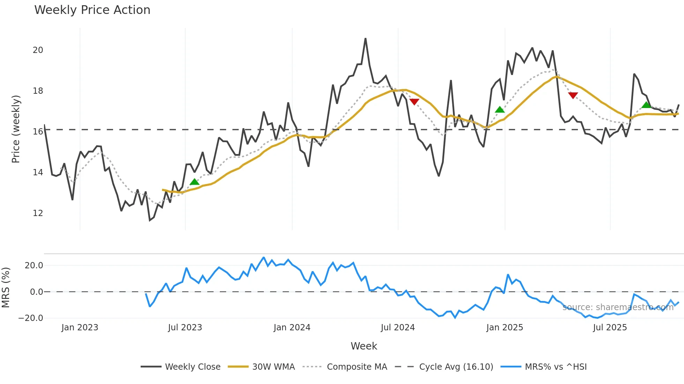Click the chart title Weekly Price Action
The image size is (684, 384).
tap(92, 10)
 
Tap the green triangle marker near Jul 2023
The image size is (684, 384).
tap(194, 182)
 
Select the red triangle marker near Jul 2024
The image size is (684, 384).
tap(414, 101)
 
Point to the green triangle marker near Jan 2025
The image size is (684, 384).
tap(500, 110)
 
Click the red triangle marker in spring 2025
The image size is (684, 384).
tap(573, 95)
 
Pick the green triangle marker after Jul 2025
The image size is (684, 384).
tap(646, 105)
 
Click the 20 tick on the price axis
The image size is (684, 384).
tap(38, 50)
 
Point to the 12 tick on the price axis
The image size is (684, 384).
tap(38, 213)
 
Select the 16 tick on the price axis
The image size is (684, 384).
tap(38, 132)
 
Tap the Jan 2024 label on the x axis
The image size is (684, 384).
tap(292, 328)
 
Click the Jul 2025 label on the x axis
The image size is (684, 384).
tap(610, 328)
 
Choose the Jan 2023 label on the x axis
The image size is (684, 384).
tap(80, 328)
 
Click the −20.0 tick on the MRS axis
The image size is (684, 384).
tap(31, 318)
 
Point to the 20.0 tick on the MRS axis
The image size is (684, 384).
tap(34, 266)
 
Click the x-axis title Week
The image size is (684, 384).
tap(364, 346)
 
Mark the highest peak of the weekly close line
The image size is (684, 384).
tap(365, 39)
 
